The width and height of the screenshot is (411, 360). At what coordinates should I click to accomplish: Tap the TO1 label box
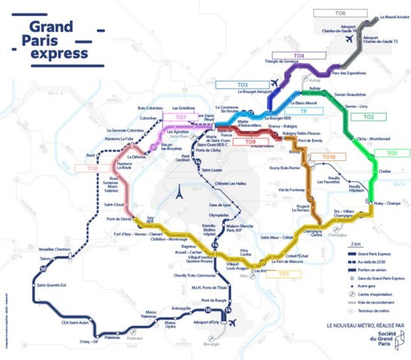pos(283,274)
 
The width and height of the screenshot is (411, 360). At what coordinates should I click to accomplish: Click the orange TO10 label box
pos(328,157)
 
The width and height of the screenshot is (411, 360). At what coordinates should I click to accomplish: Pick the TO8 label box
pos(92,168)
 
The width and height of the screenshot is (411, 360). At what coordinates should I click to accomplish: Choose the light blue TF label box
pos(304,111)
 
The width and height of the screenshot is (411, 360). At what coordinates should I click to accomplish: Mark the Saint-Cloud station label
pos(113,204)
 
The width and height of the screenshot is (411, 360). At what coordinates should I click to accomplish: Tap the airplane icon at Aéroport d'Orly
pos(233,322)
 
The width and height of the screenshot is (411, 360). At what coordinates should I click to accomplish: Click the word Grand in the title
pos(51,27)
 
